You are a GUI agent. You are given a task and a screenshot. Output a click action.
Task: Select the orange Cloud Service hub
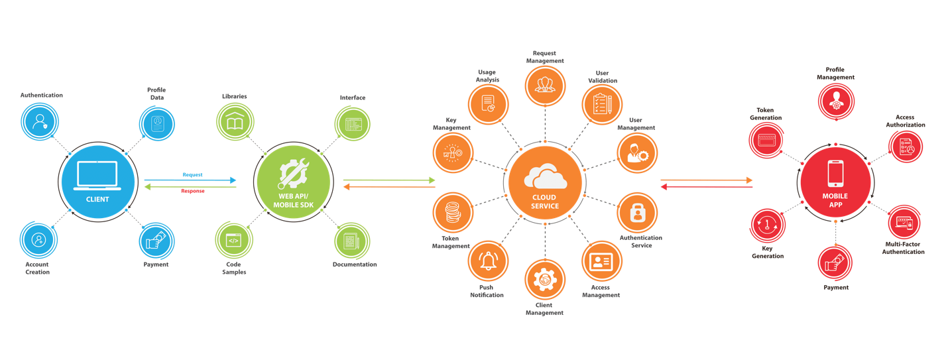pyautogui.click(x=545, y=182)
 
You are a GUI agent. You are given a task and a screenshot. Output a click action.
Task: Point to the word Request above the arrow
pyautogui.click(x=192, y=174)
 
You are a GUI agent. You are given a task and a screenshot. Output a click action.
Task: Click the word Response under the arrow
pyautogui.click(x=193, y=190)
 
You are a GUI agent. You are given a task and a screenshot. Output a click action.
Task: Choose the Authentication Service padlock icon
pyautogui.click(x=637, y=212)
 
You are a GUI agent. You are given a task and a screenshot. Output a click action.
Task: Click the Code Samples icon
pyautogui.click(x=234, y=241)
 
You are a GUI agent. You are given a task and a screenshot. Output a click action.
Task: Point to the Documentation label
pyautogui.click(x=354, y=265)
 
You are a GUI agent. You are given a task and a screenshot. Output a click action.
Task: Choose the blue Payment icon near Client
pyautogui.click(x=158, y=241)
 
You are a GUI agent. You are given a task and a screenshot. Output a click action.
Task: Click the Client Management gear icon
pyautogui.click(x=545, y=280)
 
